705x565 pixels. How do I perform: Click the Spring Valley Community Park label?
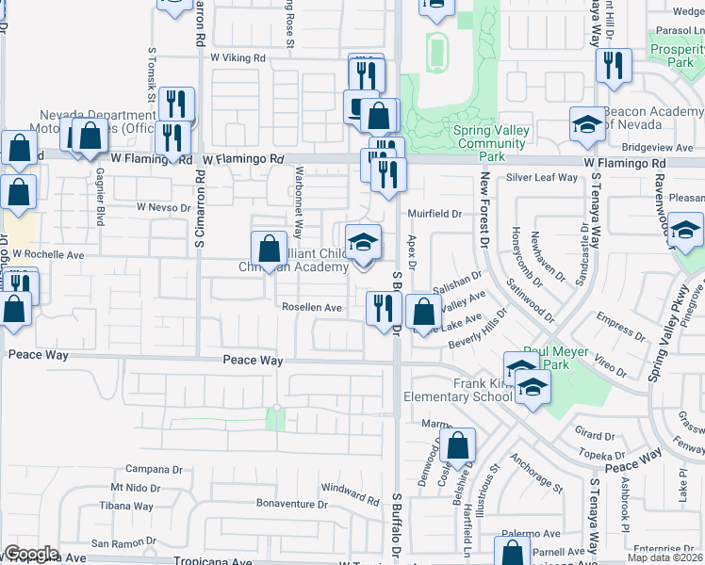(489, 144)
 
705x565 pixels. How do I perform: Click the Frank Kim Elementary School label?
(457, 391)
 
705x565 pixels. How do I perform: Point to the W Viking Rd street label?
(238, 57)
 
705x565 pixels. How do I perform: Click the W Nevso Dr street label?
(163, 206)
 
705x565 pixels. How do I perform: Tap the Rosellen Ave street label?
(312, 307)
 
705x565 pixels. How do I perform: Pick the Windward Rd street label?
(350, 491)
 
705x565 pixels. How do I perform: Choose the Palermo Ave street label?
(536, 532)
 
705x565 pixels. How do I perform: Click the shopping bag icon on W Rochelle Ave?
(269, 249)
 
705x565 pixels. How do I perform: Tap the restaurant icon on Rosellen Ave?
(384, 309)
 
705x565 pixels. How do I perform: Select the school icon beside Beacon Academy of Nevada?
(587, 124)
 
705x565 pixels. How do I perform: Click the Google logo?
(32, 554)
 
